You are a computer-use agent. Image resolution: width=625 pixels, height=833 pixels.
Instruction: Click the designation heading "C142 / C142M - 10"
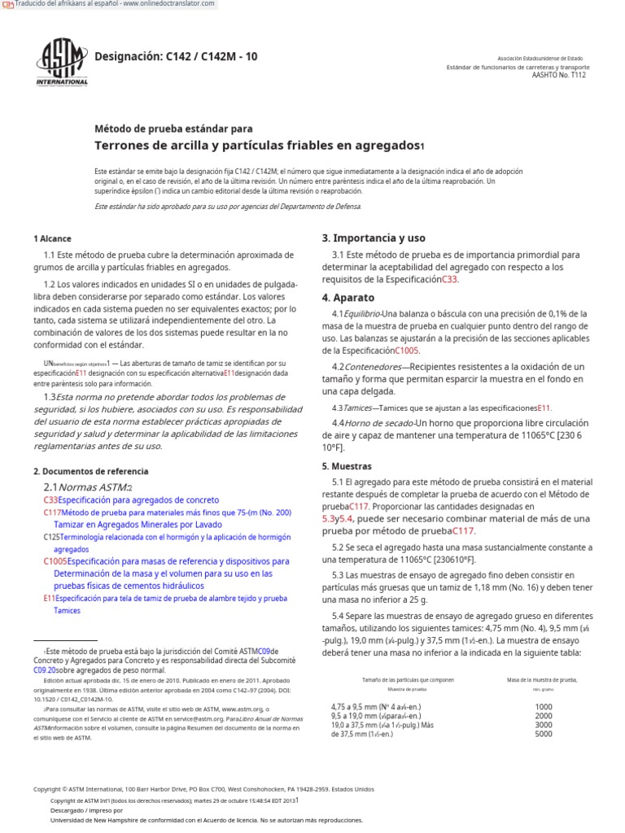click(x=176, y=56)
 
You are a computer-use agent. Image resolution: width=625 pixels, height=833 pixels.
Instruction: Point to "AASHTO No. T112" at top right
click(x=557, y=75)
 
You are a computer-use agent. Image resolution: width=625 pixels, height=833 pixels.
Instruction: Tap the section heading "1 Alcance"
click(x=52, y=239)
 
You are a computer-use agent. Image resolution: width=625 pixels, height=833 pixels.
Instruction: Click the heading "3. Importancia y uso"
click(x=373, y=238)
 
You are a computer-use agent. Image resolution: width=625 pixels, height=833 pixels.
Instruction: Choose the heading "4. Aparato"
click(x=348, y=298)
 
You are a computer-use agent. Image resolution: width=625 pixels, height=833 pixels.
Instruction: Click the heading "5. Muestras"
click(x=347, y=467)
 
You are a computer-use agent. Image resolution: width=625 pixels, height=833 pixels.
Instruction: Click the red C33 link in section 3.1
click(x=450, y=279)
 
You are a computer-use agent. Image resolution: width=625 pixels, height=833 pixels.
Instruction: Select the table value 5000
click(x=543, y=734)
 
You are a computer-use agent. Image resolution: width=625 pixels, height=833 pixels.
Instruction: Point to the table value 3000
click(x=543, y=725)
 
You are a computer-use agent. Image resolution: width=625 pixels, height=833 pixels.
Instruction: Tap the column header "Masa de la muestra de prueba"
click(x=541, y=679)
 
